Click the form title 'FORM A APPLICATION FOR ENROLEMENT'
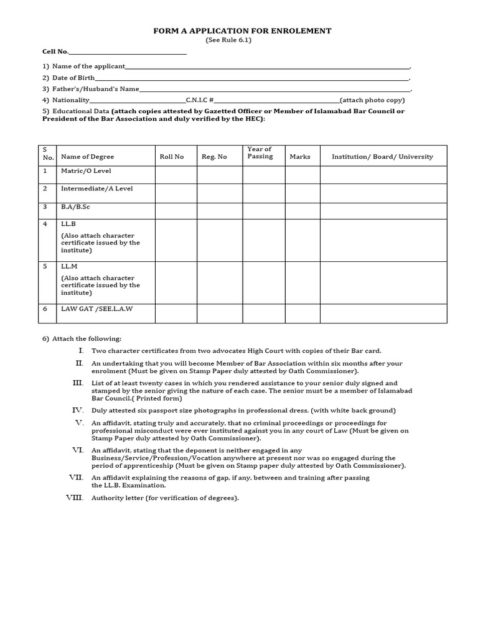[242, 30]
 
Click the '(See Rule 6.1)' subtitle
[228, 40]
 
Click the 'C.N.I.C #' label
[200, 100]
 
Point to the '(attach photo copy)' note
[372, 100]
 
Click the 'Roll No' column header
[172, 157]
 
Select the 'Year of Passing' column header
[260, 153]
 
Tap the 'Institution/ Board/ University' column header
[382, 157]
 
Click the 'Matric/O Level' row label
[86, 171]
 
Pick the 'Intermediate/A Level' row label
[96, 188]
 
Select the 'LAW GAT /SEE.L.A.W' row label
[96, 309]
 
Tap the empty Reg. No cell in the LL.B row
[220, 240]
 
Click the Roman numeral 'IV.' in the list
[78, 411]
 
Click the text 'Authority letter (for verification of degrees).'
[165, 498]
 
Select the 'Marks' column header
[300, 157]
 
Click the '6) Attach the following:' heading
[82, 338]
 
